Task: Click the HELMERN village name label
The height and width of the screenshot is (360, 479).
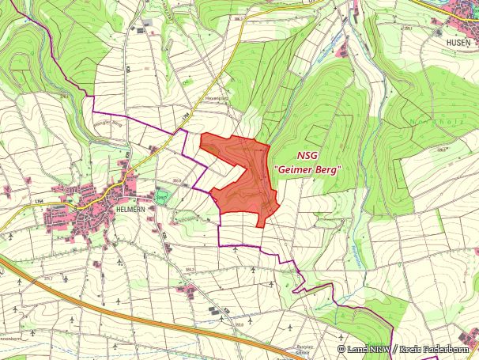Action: [x=133, y=207]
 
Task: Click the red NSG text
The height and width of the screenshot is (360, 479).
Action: [x=308, y=156]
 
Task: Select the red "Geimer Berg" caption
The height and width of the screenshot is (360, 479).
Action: [x=306, y=169]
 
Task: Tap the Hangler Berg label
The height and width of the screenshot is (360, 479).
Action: [x=108, y=124]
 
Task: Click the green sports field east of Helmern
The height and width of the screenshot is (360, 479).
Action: [x=161, y=195]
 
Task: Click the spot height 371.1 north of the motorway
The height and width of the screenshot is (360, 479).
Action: [x=48, y=279]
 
